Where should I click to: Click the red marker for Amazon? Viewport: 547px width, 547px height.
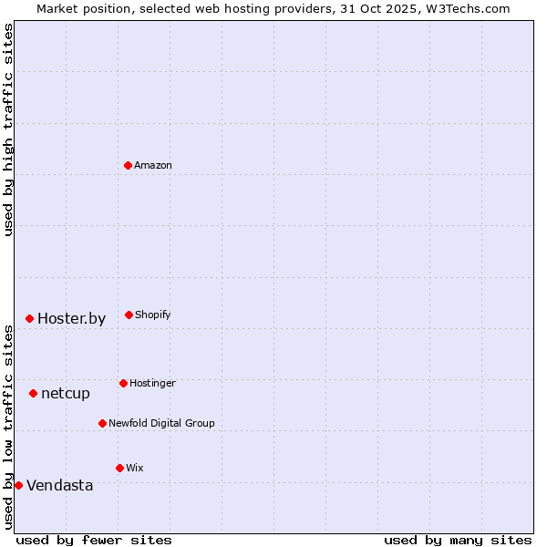tap(128, 165)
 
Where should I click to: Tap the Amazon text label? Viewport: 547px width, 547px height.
tap(153, 166)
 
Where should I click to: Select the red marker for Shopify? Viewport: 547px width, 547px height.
tap(129, 315)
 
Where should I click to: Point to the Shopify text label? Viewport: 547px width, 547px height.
tap(153, 315)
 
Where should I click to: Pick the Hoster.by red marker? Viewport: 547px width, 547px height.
tap(29, 318)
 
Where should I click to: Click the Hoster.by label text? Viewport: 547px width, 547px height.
tap(72, 319)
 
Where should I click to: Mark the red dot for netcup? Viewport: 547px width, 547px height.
tap(33, 393)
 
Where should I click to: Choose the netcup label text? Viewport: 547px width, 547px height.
tap(66, 394)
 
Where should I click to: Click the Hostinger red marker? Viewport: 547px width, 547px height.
tap(123, 383)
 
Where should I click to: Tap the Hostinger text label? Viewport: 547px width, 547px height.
tap(152, 384)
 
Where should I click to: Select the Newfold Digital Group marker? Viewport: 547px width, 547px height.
tap(102, 423)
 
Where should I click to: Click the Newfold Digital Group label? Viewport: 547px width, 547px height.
tap(161, 424)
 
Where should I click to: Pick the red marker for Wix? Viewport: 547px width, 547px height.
tap(119, 468)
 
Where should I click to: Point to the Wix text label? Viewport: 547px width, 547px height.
tap(135, 469)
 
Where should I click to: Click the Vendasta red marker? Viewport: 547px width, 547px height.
tap(18, 485)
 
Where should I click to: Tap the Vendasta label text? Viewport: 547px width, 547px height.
tap(60, 486)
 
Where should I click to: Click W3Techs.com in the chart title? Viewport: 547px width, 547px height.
tap(468, 8)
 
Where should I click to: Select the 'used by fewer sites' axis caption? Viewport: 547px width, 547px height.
tap(94, 540)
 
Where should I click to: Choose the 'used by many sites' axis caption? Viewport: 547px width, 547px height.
tap(458, 540)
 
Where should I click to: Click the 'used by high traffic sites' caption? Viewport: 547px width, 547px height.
tap(8, 129)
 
